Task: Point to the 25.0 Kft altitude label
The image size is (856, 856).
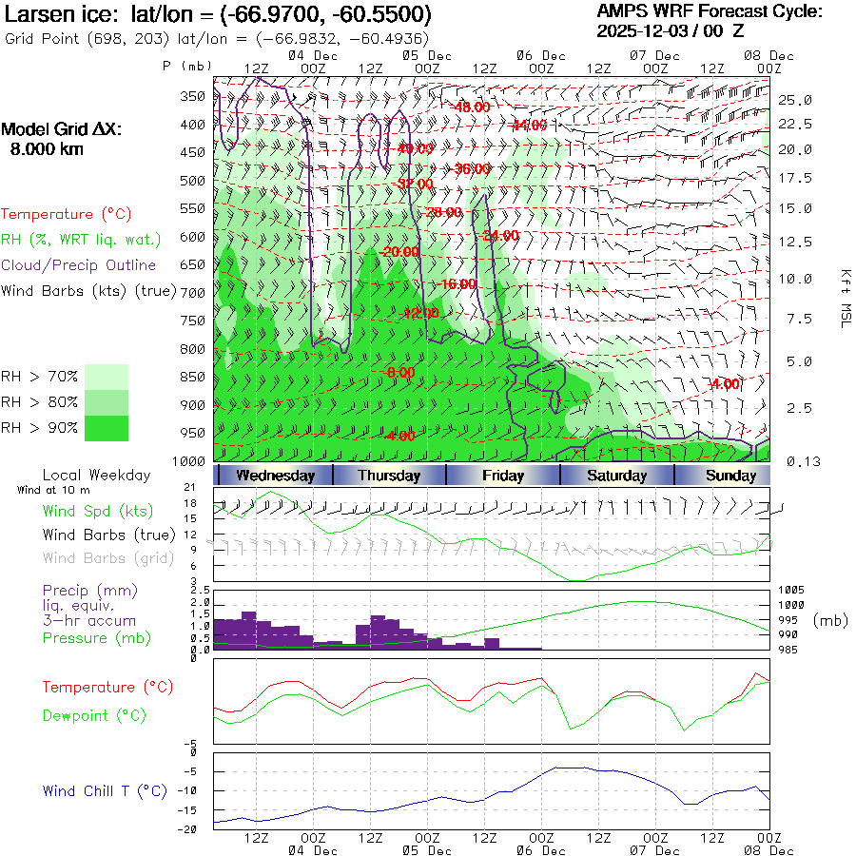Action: pyautogui.click(x=795, y=100)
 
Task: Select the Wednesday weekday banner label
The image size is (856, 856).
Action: pyautogui.click(x=275, y=476)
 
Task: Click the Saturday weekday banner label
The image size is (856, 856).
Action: pyautogui.click(x=616, y=476)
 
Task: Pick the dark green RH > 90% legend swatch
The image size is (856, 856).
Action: pyautogui.click(x=107, y=428)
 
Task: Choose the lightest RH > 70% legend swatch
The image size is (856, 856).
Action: pyautogui.click(x=107, y=377)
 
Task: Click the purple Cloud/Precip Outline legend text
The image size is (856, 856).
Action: pyautogui.click(x=79, y=265)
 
